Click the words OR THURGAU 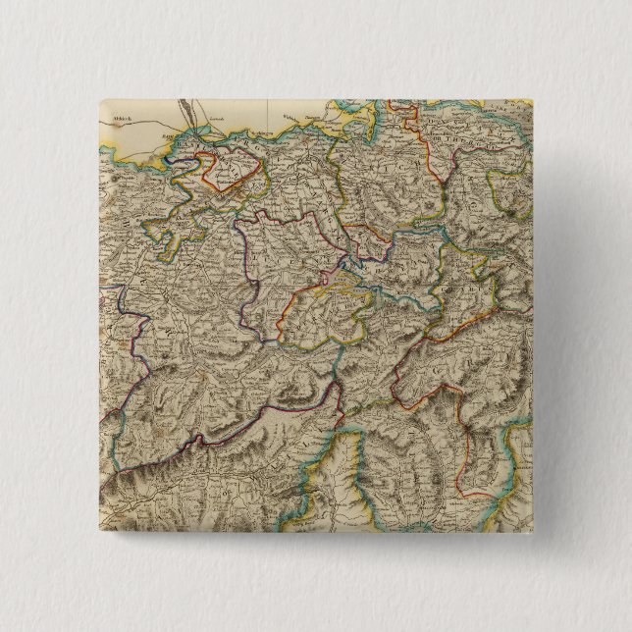471,137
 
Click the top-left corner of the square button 99,99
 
